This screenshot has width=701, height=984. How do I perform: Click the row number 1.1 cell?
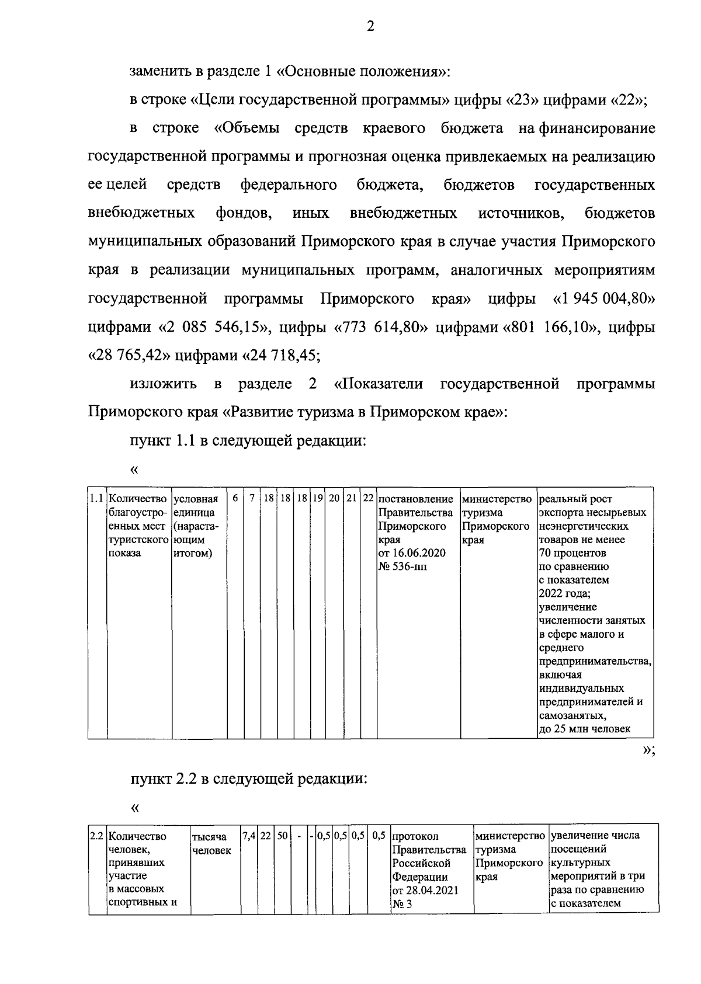(97, 499)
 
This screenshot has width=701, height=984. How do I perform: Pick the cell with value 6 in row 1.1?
(235, 499)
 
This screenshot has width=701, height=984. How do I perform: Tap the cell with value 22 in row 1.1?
(368, 499)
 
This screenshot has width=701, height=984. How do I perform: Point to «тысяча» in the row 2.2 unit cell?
(209, 837)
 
